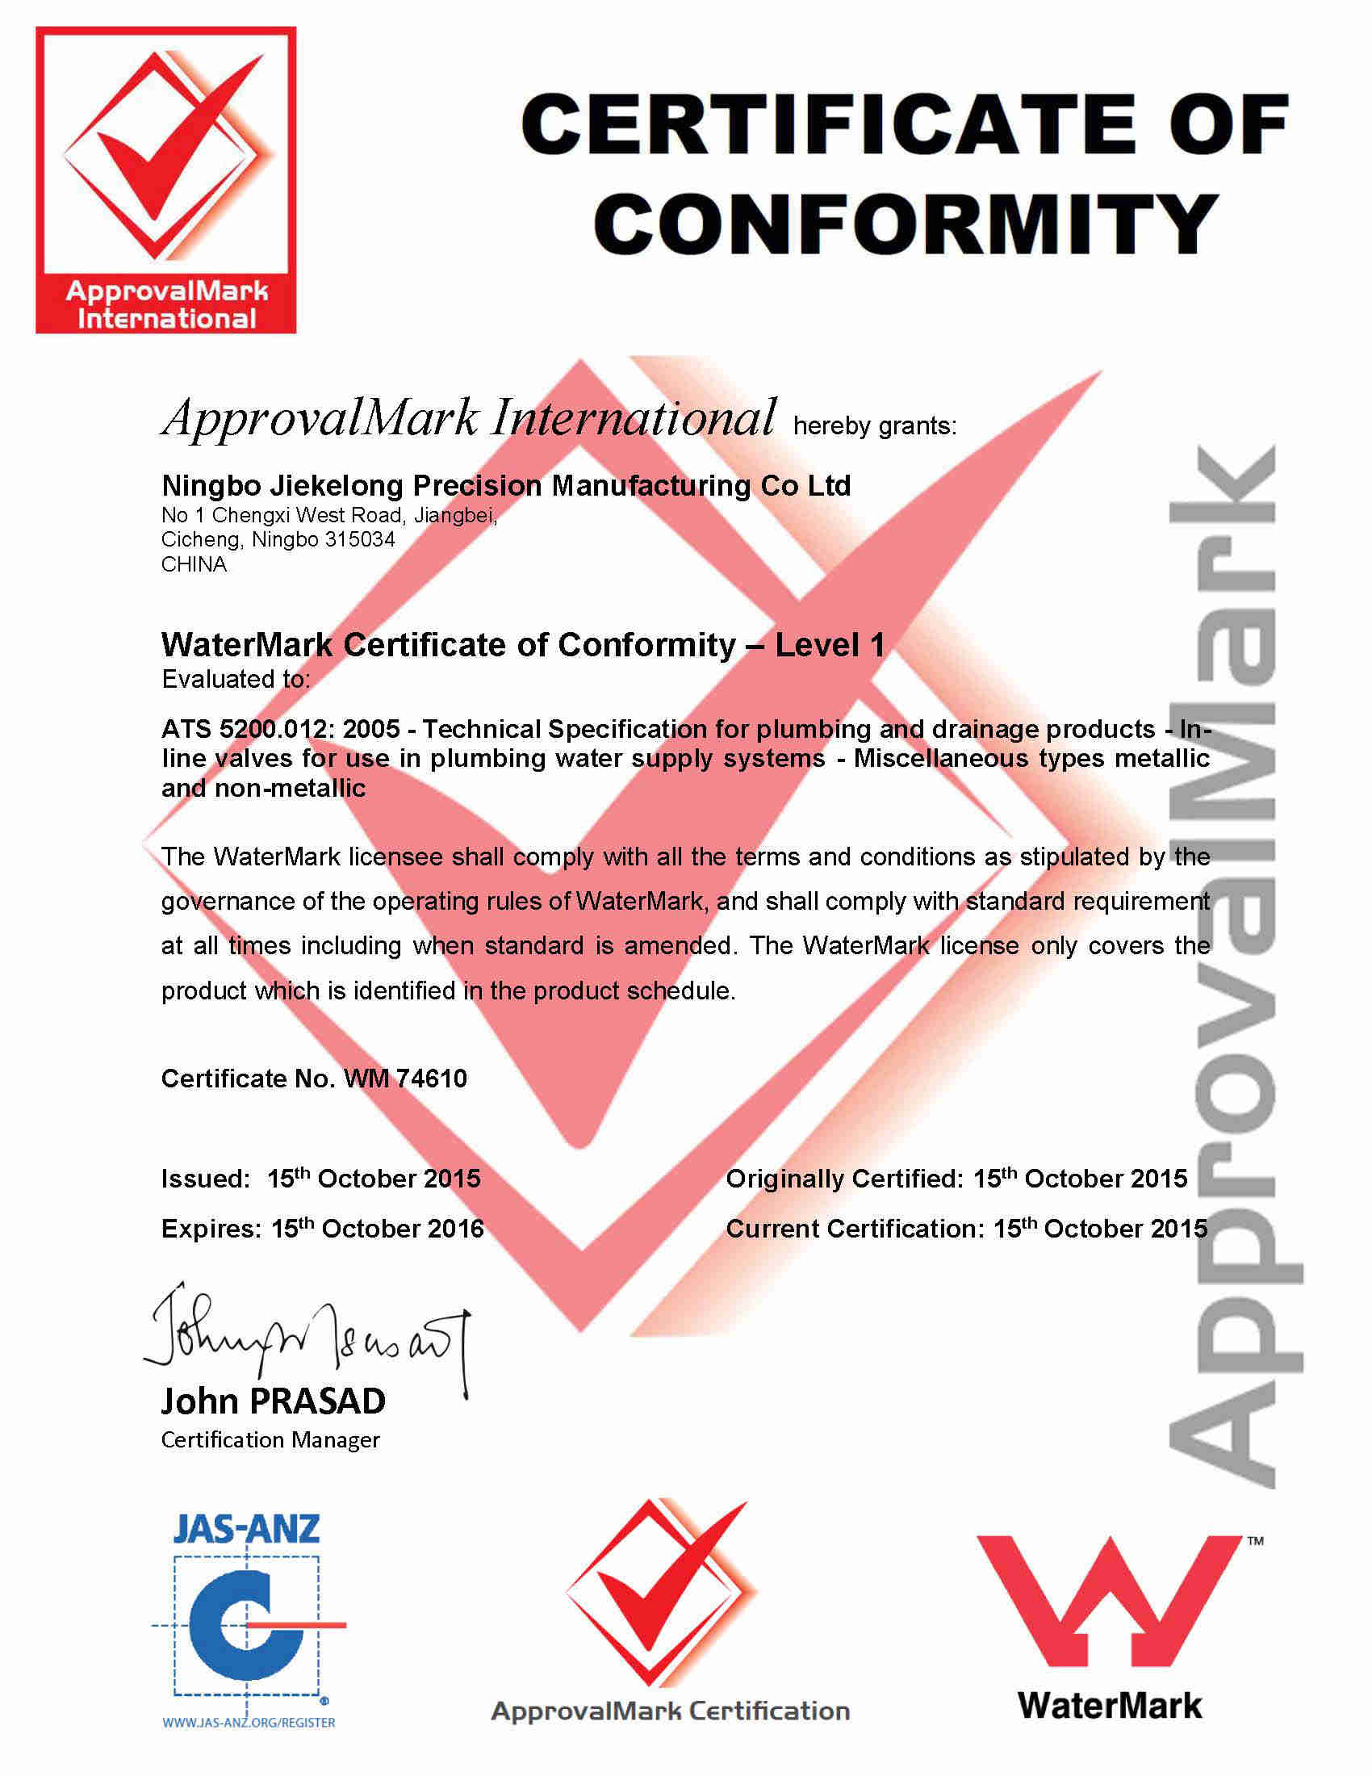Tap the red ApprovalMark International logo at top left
(x=165, y=180)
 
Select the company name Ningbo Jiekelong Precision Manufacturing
(x=505, y=485)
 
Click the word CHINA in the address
(x=194, y=564)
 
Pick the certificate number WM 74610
(x=406, y=1079)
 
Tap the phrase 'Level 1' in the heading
(x=829, y=645)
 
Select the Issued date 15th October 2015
(x=374, y=1179)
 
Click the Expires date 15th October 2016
(x=377, y=1228)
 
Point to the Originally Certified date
(x=1080, y=1179)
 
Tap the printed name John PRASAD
(x=273, y=1401)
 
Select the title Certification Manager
(x=270, y=1440)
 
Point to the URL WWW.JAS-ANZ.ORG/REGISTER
(x=249, y=1723)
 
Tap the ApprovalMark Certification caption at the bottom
(x=671, y=1711)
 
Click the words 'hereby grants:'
(x=875, y=426)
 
